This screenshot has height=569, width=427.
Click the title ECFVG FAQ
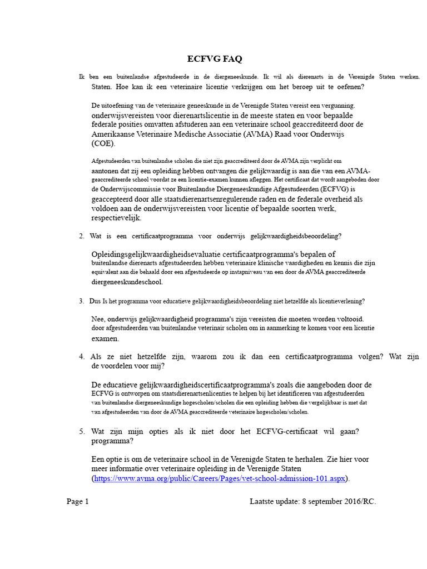pos(214,59)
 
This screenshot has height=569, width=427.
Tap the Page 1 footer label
pos(78,501)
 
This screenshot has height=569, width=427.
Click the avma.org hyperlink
pos(220,478)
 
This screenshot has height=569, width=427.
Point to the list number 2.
pos(82,236)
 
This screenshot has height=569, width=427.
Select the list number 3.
pos(81,301)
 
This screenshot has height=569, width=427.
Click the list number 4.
pos(82,357)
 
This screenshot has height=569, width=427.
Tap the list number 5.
pos(82,431)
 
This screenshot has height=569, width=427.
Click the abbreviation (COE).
pos(103,143)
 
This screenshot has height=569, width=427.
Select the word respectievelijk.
pos(116,218)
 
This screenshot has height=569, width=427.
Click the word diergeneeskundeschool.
pos(127,282)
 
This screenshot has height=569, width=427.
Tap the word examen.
pos(105,338)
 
